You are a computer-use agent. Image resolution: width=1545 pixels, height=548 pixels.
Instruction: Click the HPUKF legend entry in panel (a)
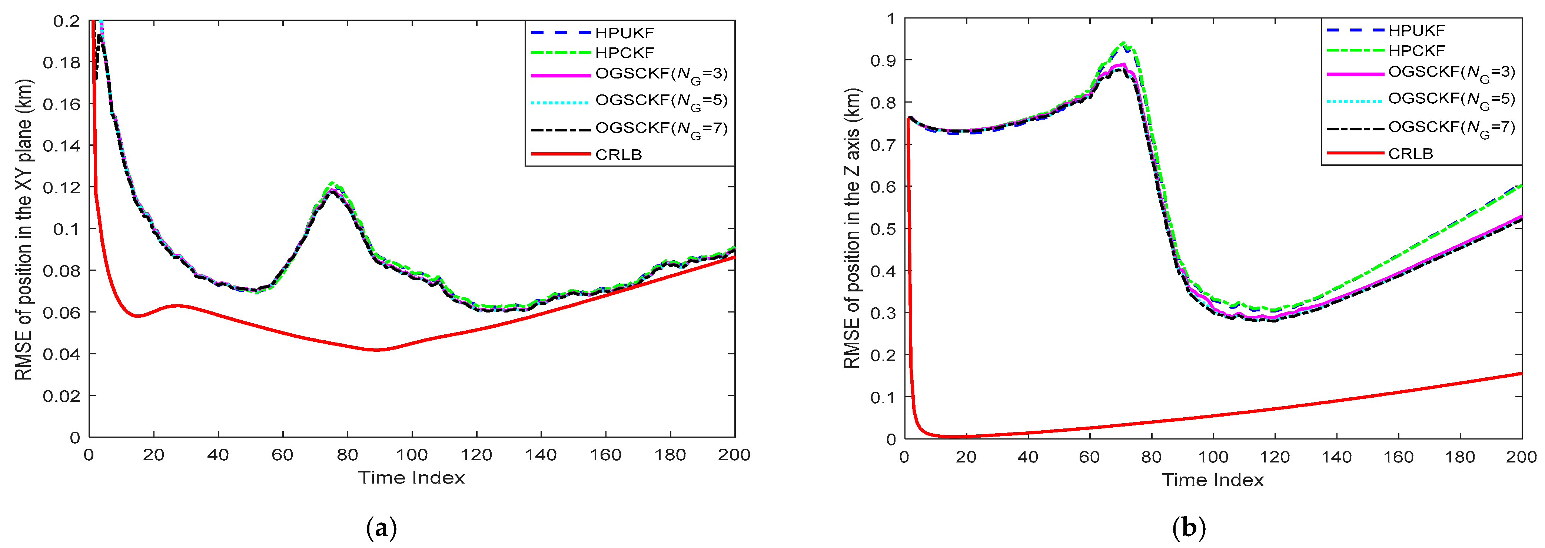click(x=624, y=33)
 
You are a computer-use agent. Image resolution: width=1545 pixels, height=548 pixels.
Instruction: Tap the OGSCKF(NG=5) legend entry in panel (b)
click(x=1451, y=100)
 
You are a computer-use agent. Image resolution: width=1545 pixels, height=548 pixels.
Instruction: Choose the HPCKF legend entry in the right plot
click(x=1417, y=51)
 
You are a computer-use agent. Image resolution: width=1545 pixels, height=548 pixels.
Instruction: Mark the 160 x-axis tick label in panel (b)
click(x=1398, y=457)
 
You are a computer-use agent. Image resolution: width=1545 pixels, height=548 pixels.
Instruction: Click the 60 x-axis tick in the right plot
click(x=1089, y=457)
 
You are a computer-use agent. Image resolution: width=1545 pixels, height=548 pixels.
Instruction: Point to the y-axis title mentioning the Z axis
click(x=852, y=229)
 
